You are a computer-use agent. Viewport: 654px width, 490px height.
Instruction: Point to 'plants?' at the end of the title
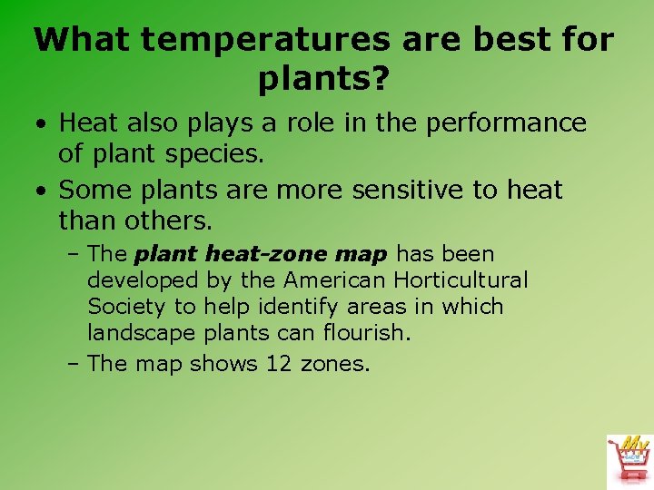[324, 81]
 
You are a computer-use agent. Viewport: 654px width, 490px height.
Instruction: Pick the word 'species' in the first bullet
[218, 154]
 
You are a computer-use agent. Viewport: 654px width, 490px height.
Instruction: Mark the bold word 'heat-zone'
[264, 255]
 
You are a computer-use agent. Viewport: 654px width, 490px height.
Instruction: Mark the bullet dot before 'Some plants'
[43, 191]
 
